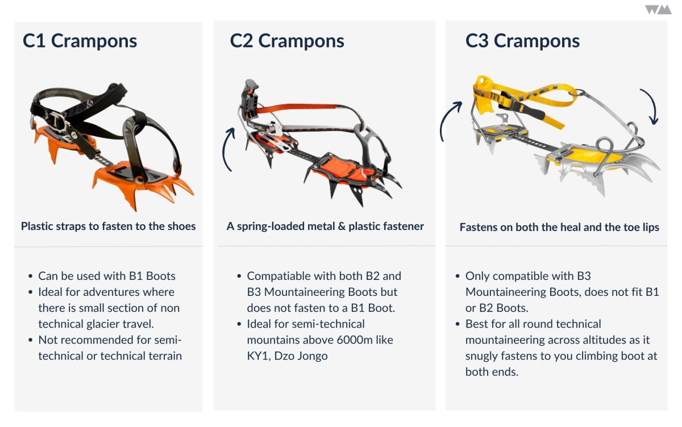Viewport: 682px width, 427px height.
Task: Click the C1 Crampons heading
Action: coord(80,41)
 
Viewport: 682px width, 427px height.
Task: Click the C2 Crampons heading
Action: coord(287,41)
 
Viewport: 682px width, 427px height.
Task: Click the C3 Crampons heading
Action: coord(522,41)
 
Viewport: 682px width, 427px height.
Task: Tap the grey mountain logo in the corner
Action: coord(658,10)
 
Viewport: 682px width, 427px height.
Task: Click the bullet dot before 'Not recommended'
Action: coord(30,340)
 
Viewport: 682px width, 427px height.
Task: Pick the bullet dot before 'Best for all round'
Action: coord(458,324)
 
